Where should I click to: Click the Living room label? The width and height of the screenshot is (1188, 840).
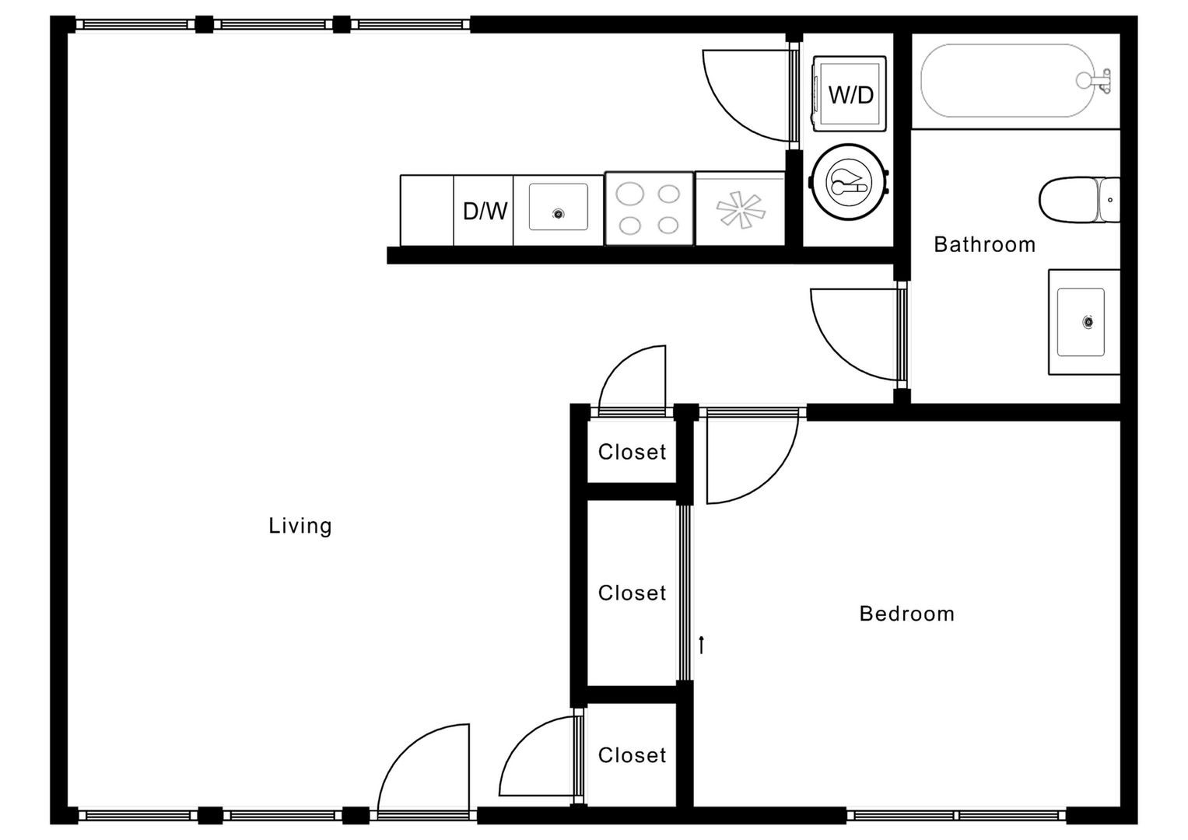[x=300, y=526]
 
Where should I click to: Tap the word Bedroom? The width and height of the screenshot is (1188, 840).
[x=906, y=614]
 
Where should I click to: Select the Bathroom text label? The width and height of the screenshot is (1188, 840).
[x=984, y=245]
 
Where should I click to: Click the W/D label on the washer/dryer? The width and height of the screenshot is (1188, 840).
[x=850, y=95]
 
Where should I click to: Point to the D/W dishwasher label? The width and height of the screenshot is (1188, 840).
[x=485, y=211]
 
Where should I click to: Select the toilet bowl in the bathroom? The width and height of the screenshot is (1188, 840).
[x=1067, y=200]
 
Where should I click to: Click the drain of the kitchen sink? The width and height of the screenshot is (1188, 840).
[x=558, y=214]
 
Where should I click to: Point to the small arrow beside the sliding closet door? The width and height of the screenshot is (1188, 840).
[x=702, y=645]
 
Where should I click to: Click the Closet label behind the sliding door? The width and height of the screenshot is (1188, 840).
[x=632, y=593]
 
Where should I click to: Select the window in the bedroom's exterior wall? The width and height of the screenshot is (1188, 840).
[x=956, y=815]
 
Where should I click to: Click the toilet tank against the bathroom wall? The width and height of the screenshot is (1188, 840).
[x=1109, y=200]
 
